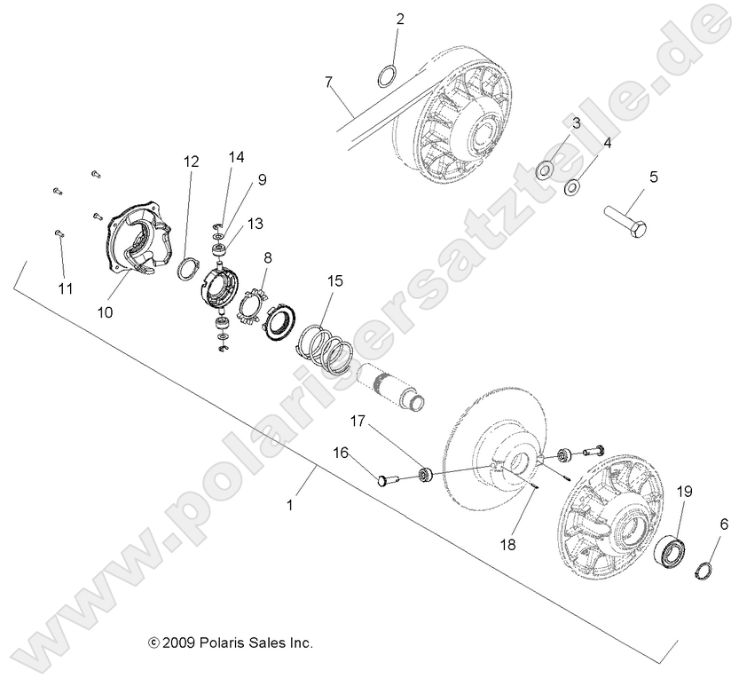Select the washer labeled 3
pyautogui.click(x=546, y=168)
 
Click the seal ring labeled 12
pyautogui.click(x=190, y=268)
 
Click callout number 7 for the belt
pyautogui.click(x=329, y=83)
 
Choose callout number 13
pyautogui.click(x=255, y=224)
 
